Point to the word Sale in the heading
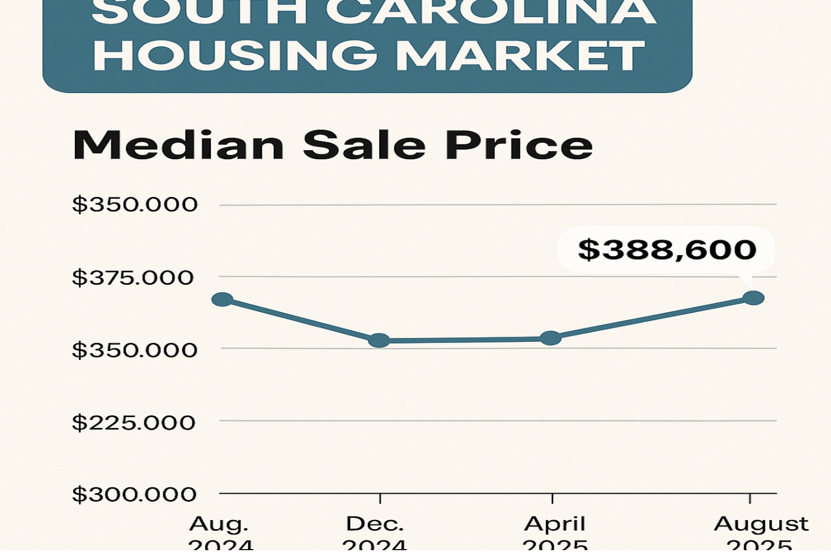click(x=364, y=146)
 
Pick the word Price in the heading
click(x=519, y=146)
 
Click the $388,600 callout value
click(x=667, y=250)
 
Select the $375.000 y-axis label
click(x=133, y=278)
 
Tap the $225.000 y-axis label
click(x=134, y=423)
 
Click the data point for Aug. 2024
click(x=222, y=299)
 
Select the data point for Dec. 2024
click(x=379, y=341)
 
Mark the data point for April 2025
click(x=550, y=338)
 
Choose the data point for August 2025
click(x=753, y=298)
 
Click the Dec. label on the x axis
click(x=374, y=524)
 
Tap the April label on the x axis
click(x=555, y=524)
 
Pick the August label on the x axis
click(x=761, y=524)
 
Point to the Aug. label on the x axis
click(x=219, y=524)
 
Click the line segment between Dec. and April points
click(x=465, y=340)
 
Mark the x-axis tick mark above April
click(x=552, y=498)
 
